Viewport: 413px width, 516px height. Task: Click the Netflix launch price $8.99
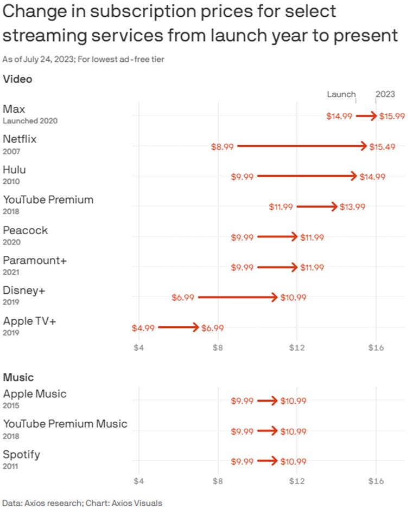click(223, 146)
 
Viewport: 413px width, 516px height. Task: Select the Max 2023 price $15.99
click(392, 116)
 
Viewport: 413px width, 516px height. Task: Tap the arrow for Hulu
click(307, 176)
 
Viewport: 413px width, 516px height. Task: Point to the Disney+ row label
click(24, 291)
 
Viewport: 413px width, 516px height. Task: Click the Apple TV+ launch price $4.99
click(143, 328)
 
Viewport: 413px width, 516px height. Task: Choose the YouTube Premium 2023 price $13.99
click(352, 207)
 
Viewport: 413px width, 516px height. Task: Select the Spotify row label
click(21, 454)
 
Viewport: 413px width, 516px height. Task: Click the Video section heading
click(17, 79)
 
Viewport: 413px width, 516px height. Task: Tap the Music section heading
click(18, 377)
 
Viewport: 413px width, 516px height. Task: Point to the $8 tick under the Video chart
click(218, 347)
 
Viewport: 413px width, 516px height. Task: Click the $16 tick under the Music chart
click(376, 481)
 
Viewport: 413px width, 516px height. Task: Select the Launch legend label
click(341, 94)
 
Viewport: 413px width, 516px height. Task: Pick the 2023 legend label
click(385, 94)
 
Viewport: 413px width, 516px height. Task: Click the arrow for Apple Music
click(267, 401)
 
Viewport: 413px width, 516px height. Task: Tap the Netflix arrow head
click(364, 146)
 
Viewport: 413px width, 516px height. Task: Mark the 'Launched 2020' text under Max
click(30, 121)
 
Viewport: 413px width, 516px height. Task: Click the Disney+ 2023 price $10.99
click(293, 298)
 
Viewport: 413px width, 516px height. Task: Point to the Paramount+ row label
click(35, 260)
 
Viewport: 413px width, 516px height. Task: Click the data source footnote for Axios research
click(82, 503)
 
